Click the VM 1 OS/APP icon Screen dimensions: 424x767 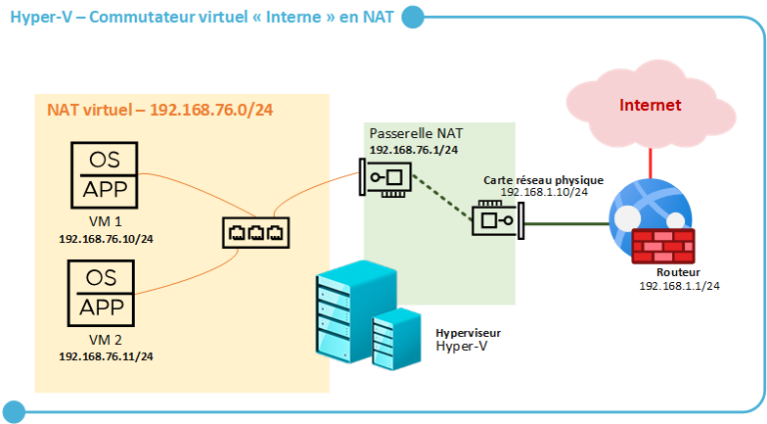(x=103, y=175)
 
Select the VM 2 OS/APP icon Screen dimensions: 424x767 (x=103, y=292)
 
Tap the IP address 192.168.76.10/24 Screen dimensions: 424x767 (x=106, y=239)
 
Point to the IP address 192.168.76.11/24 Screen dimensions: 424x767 (x=106, y=356)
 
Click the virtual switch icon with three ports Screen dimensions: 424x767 (x=255, y=233)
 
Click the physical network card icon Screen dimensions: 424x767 (x=493, y=217)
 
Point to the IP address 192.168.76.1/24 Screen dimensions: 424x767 (x=413, y=149)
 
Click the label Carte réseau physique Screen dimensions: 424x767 (x=543, y=179)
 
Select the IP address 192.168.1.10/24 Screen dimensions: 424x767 (x=544, y=191)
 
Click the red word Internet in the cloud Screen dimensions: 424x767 (x=650, y=105)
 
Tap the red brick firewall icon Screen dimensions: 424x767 (x=663, y=246)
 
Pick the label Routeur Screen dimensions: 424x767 (x=678, y=271)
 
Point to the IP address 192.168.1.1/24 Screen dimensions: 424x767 (x=679, y=285)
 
